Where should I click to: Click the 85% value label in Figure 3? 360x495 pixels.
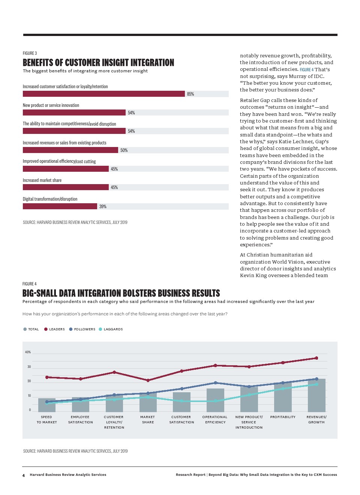click(190, 94)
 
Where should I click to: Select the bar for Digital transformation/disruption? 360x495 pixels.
click(60, 206)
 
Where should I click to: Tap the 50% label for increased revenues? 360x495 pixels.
click(124, 150)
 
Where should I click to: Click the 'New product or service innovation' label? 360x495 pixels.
click(51, 105)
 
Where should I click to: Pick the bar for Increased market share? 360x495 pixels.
click(66, 187)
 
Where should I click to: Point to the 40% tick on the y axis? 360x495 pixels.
click(28, 352)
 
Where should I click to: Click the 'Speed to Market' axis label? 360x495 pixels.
click(46, 420)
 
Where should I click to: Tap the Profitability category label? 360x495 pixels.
click(283, 417)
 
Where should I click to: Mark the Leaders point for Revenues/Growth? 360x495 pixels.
click(316, 358)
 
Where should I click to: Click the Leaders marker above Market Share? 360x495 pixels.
click(148, 380)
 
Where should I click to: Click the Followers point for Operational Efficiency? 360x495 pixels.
click(215, 383)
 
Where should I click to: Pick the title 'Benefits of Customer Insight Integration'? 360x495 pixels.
click(98, 63)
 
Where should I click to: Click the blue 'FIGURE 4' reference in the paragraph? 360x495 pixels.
click(306, 70)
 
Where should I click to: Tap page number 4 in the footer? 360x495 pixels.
click(24, 475)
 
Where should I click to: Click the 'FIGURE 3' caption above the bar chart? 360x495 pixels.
click(30, 53)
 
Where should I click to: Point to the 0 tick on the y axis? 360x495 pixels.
click(30, 410)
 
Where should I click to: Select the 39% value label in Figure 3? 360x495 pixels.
click(103, 207)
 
